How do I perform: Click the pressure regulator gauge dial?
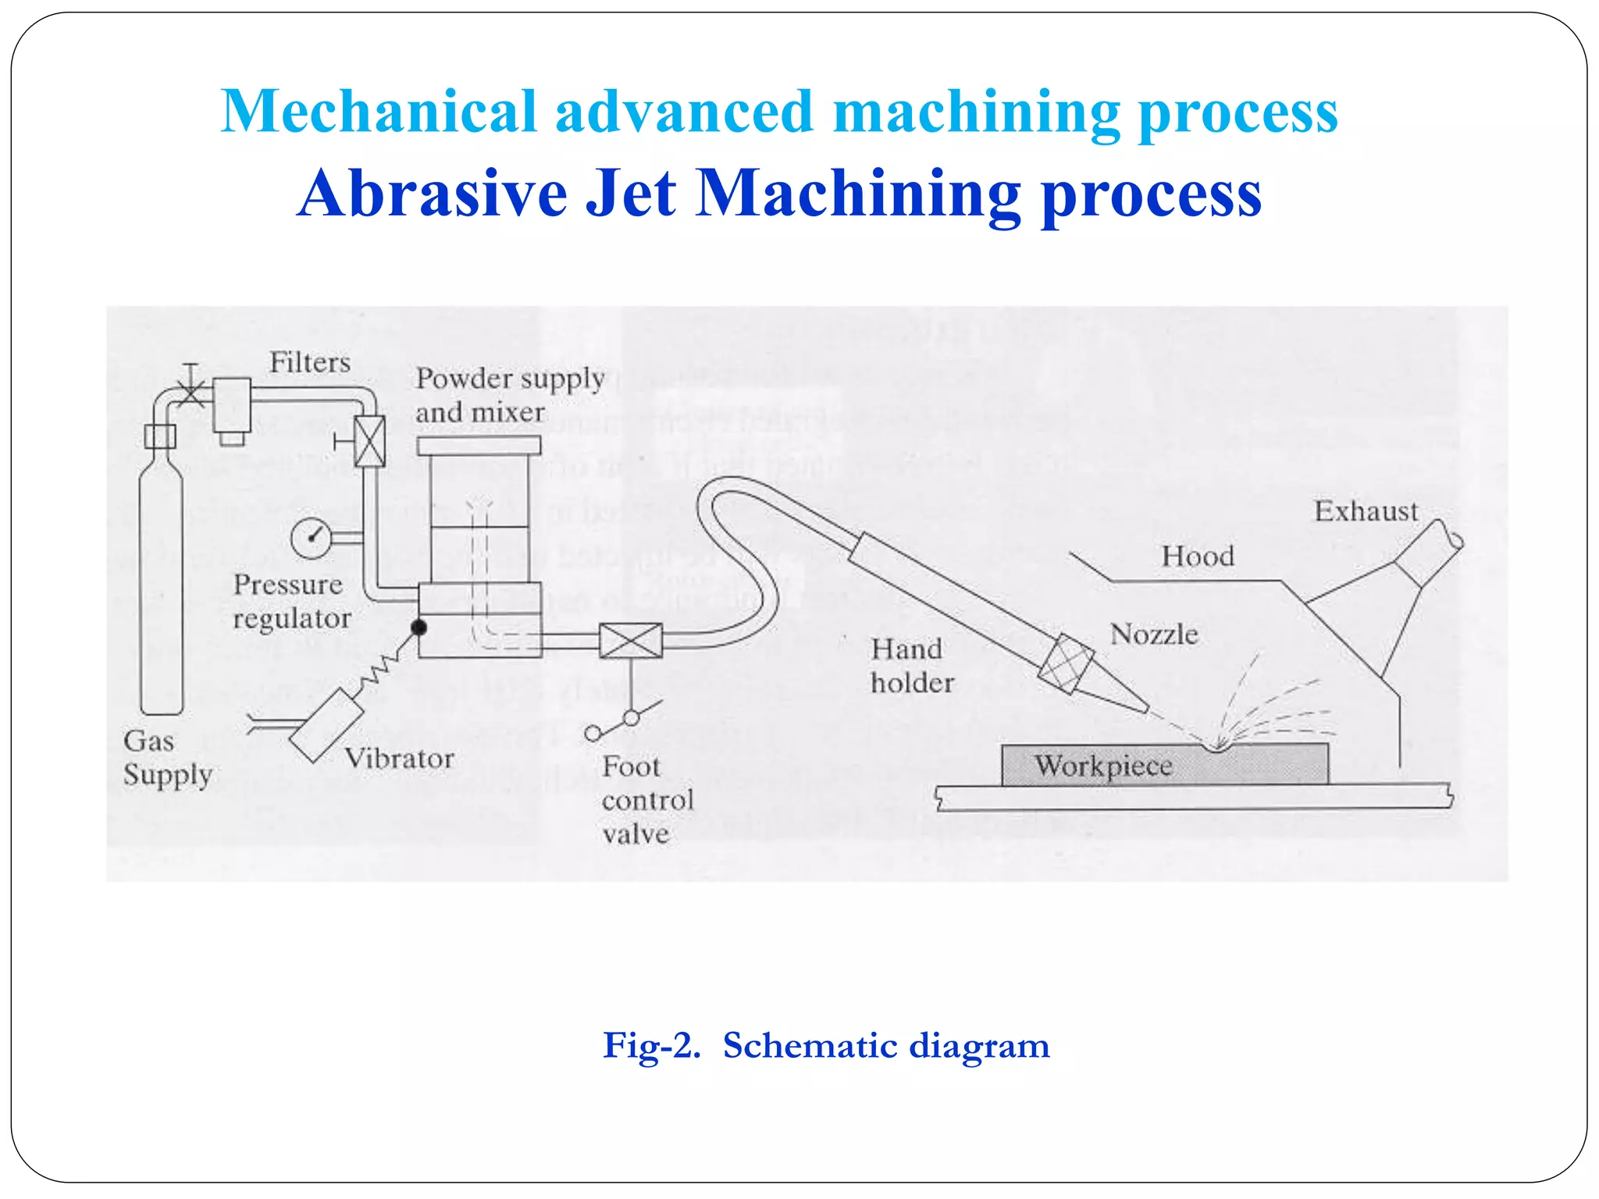coord(312,537)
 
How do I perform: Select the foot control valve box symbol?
coord(630,641)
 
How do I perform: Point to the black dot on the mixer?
coord(419,627)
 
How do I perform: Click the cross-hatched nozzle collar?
coord(1066,664)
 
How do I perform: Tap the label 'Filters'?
coord(310,363)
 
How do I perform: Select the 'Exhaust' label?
coord(1366,511)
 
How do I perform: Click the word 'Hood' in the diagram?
coord(1198,557)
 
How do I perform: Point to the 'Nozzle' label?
coord(1154,635)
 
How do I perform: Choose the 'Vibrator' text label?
coord(399,759)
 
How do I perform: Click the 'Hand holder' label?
coord(911,666)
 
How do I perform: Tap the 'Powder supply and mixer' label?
coord(509,395)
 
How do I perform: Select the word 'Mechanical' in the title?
coord(379,112)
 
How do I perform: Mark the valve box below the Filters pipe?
coord(369,441)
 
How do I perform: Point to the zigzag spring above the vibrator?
coord(382,667)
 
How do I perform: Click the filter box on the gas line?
coord(232,405)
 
